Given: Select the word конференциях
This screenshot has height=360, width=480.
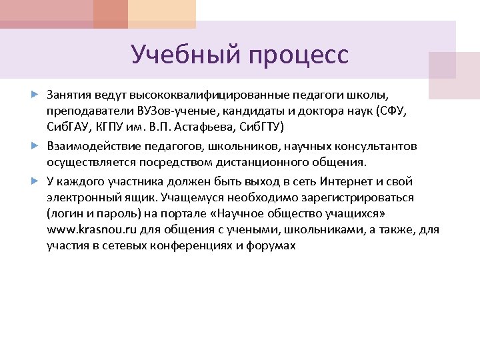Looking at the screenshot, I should [x=193, y=246].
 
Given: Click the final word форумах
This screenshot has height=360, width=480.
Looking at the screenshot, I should [x=271, y=246].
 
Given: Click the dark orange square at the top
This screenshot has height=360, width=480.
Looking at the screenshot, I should [x=110, y=13].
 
